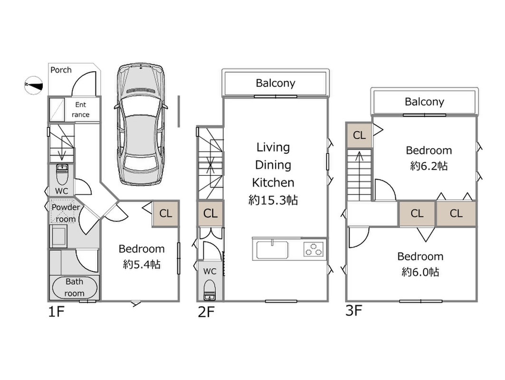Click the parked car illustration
(141, 124)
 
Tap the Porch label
(61, 70)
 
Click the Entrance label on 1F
(81, 110)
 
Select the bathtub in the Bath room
(74, 287)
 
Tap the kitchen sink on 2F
(272, 249)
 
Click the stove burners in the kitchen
(314, 249)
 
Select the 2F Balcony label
(276, 83)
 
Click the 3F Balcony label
(424, 101)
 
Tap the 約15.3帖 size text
(273, 200)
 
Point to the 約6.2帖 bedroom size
(429, 166)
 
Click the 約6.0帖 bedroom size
(420, 272)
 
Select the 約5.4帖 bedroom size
(142, 265)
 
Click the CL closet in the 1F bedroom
(165, 213)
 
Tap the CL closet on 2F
(210, 213)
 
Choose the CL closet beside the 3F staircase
(359, 135)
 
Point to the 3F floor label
(354, 311)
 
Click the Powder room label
(66, 213)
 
